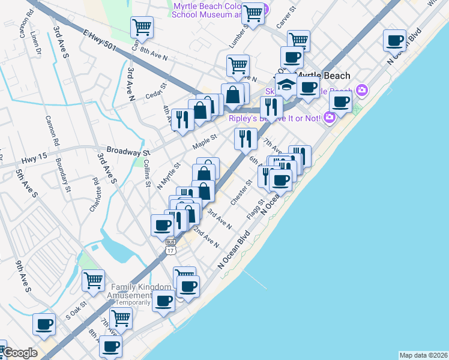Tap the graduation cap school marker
tap(286, 84)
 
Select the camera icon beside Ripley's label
tap(329, 118)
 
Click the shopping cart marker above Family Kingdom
tap(94, 280)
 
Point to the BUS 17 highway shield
tap(170, 245)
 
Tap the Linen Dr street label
tap(36, 48)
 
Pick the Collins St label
tap(146, 173)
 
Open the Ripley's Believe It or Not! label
tap(276, 118)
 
